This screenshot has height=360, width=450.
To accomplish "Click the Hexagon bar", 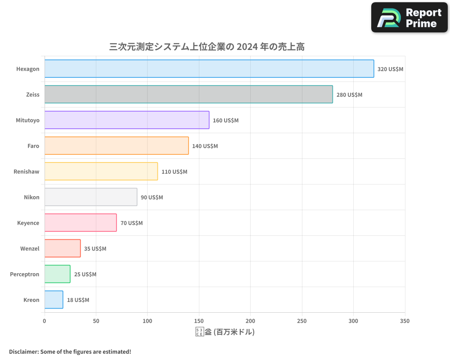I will tap(209, 69).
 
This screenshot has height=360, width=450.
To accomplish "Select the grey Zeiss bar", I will tap(189, 94).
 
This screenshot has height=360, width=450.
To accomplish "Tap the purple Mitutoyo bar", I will tap(127, 120).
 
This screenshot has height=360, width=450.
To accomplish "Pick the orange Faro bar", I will tap(117, 146).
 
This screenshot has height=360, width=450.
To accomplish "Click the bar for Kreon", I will tap(54, 300).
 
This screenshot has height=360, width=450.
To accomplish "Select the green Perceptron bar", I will tap(57, 274).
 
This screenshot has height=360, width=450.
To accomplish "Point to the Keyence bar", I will tap(81, 223).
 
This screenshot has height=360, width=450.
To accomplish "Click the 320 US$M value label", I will tap(390, 69).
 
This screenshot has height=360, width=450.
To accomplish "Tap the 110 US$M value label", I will tap(174, 172).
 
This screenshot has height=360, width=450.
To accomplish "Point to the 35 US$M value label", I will tap(95, 249).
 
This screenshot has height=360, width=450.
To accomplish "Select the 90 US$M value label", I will tap(152, 198).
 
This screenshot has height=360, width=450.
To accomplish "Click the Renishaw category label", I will tap(27, 172).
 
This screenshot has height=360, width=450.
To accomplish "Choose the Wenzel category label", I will tap(30, 249).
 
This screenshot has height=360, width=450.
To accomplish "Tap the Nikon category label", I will tap(31, 198).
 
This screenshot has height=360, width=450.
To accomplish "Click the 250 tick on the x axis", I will tap(302, 321).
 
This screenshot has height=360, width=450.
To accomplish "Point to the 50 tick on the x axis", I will tap(96, 321).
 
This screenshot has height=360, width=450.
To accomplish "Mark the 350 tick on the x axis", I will tap(405, 321).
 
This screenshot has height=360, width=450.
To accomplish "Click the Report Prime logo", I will tap(409, 18).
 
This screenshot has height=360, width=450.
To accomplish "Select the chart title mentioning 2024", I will tap(207, 47).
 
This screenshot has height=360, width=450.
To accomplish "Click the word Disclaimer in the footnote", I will tap(23, 351).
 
